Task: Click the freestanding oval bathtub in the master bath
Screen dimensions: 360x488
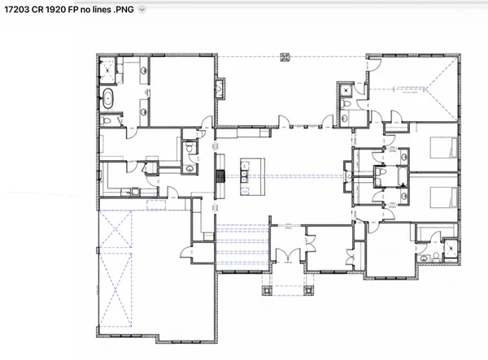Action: point(107,101)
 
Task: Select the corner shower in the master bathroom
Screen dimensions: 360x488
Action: point(107,69)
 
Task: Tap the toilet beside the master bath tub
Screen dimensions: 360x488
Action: point(106,121)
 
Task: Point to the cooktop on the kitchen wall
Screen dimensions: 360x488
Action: point(218,175)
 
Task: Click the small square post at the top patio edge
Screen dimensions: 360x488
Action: point(284,56)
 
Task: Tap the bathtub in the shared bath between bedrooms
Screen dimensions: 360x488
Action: point(379,172)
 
